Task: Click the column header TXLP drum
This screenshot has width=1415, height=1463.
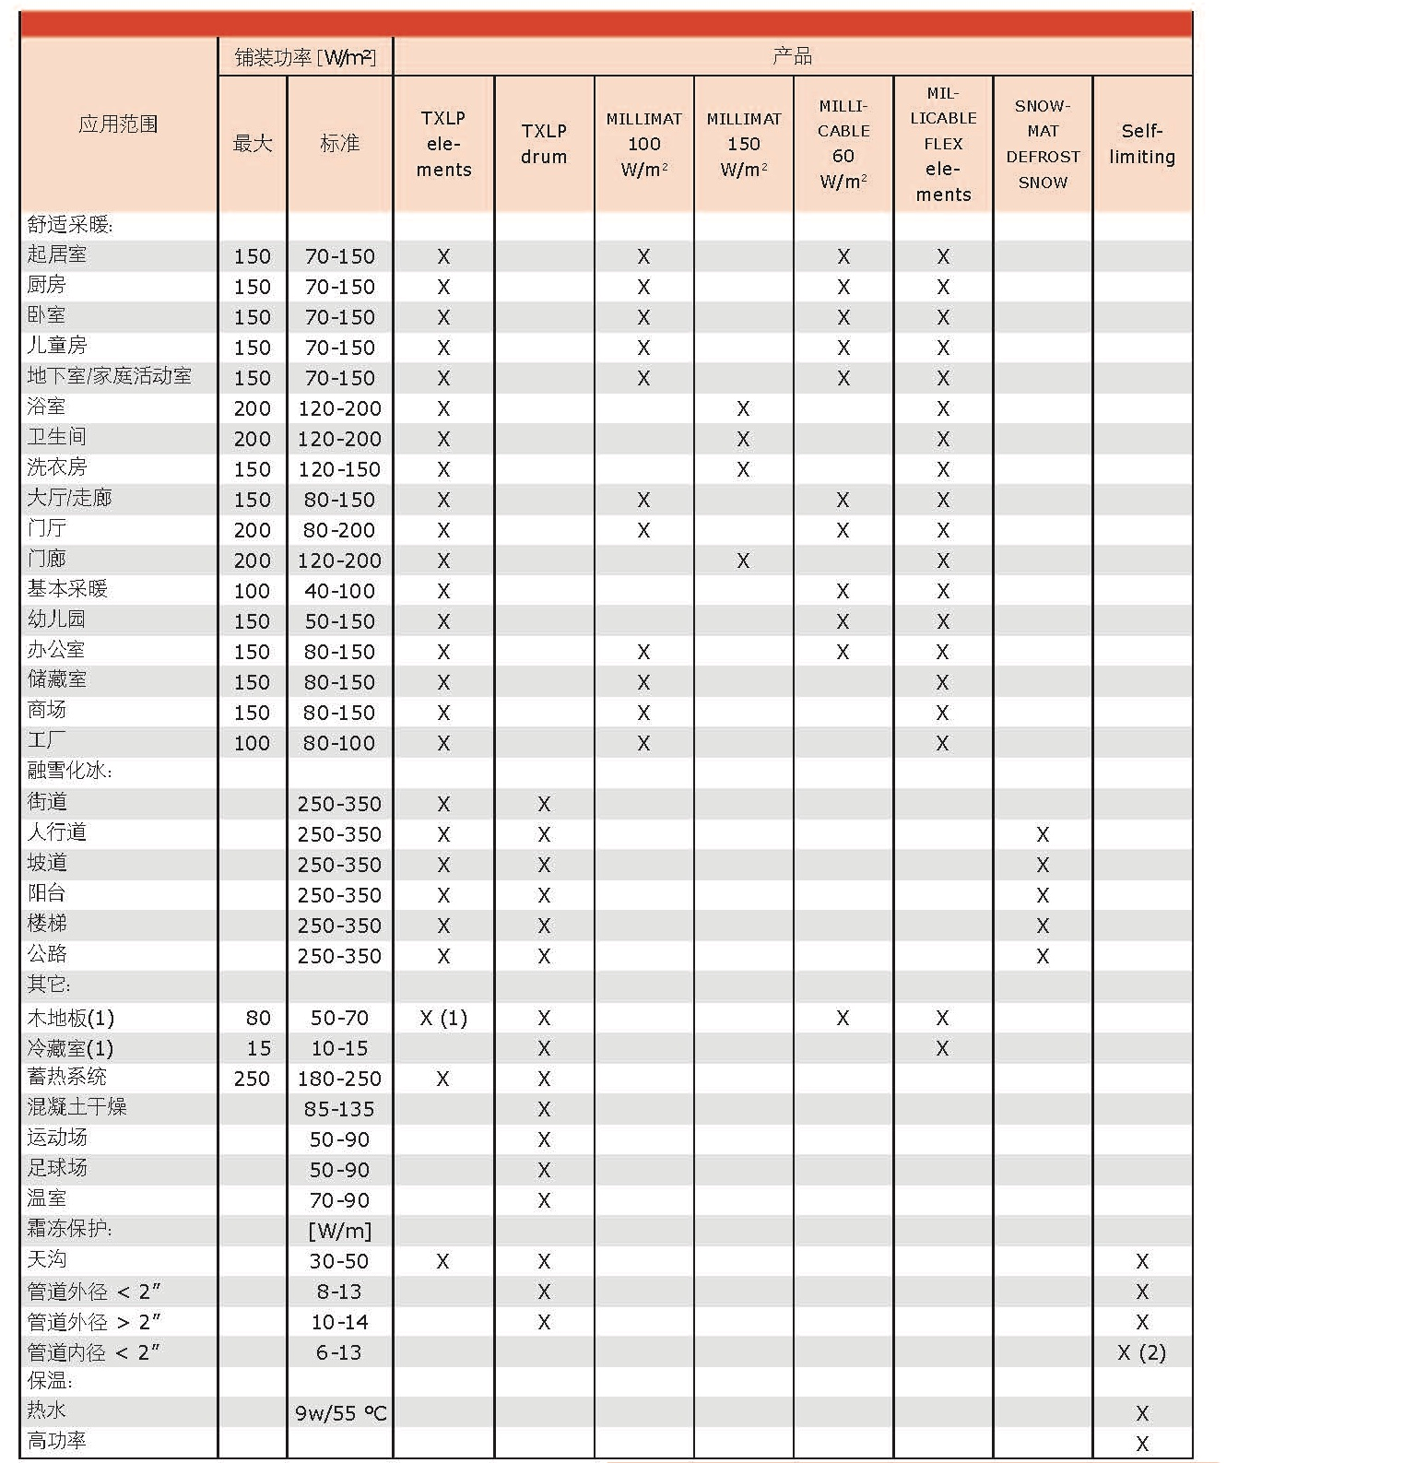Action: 544,144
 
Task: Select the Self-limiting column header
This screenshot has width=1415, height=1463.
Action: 1142,144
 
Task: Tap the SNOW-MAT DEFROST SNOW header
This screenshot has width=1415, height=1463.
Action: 1043,144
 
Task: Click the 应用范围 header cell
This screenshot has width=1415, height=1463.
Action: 118,124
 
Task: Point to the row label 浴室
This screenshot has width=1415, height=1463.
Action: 46,407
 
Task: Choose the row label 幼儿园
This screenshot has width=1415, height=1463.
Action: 56,619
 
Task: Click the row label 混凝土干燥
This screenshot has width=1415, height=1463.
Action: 77,1107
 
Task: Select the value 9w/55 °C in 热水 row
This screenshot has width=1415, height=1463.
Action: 340,1412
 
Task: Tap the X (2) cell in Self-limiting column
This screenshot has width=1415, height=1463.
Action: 1141,1352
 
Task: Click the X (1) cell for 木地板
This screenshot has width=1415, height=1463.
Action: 443,1018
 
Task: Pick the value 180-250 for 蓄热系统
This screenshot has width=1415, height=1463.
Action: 339,1079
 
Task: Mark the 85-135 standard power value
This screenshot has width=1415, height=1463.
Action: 339,1109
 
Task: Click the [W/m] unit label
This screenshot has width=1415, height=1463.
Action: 339,1231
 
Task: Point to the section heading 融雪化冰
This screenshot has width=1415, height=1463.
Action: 69,772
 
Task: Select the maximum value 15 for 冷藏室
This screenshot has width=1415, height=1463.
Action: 259,1048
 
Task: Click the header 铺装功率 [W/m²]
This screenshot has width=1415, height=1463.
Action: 305,57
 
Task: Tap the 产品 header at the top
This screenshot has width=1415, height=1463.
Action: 792,57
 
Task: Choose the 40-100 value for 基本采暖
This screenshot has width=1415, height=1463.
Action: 339,591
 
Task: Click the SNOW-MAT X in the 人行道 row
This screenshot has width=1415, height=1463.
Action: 1043,834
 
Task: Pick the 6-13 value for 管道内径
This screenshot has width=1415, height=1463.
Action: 339,1352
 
